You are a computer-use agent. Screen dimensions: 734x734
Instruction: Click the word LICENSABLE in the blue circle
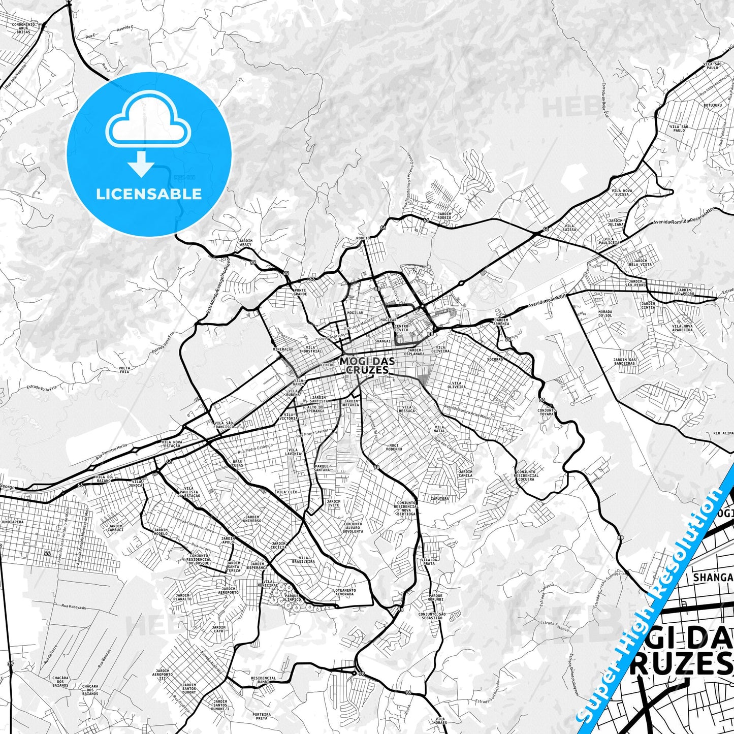[x=149, y=194]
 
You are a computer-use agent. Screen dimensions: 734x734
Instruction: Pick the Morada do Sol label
[x=604, y=313]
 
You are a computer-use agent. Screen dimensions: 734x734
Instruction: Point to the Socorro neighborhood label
[x=495, y=359]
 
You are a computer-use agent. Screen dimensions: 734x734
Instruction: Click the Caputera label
[x=439, y=498]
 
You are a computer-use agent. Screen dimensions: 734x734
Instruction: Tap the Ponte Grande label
[x=300, y=292]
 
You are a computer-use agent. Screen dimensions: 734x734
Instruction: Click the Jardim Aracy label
[x=245, y=242]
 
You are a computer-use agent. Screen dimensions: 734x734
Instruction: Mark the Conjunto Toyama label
[x=546, y=412]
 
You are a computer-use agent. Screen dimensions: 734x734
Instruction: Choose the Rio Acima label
[x=723, y=433]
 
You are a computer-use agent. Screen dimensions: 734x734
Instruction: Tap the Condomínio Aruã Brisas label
[x=23, y=27]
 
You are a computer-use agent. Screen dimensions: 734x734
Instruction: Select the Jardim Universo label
[x=252, y=519]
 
